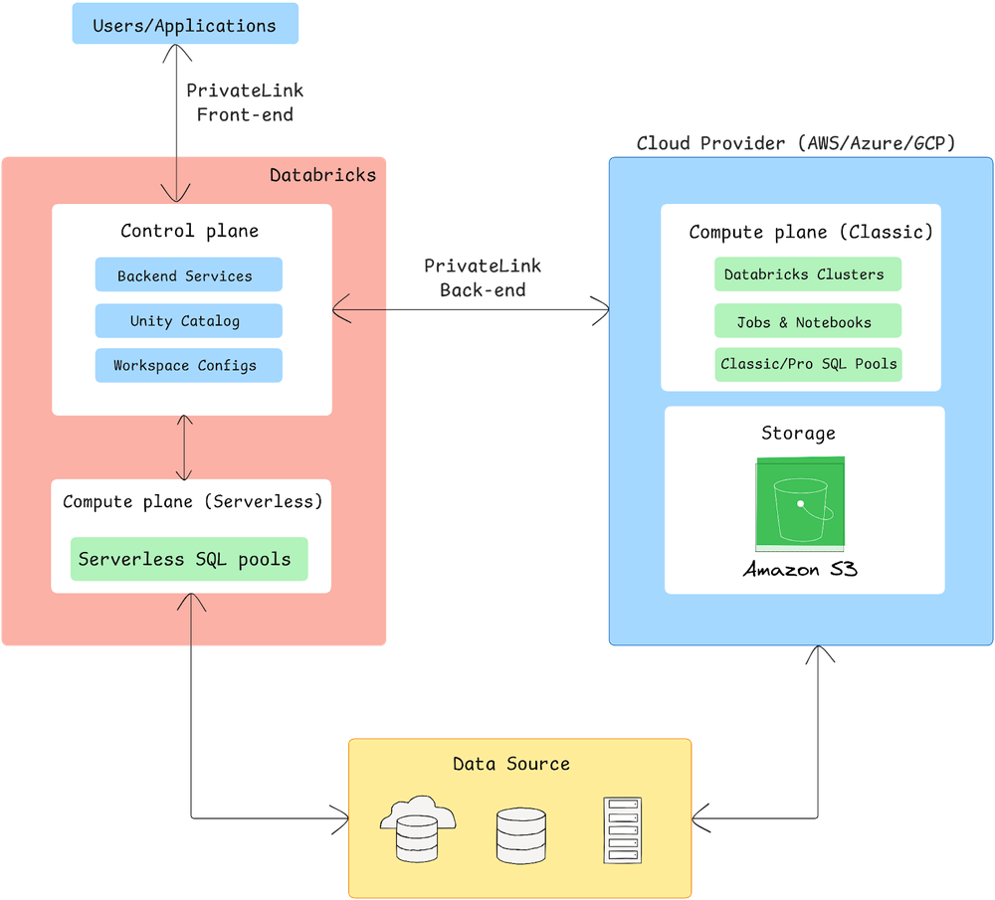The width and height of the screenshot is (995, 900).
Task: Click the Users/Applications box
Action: point(184,25)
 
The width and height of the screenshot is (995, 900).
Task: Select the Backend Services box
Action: point(188,275)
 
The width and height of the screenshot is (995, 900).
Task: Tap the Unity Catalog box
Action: point(188,320)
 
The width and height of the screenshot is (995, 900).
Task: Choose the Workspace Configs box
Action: point(188,365)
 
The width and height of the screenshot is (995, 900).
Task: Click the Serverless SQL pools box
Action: point(188,559)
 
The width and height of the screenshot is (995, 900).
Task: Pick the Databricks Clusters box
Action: point(807,274)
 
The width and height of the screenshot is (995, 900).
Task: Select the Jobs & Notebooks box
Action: point(807,321)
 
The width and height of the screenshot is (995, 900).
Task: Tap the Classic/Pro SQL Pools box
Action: point(807,364)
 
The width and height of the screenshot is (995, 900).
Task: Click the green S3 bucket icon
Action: point(801,503)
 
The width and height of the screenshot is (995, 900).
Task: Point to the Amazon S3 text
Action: point(800,570)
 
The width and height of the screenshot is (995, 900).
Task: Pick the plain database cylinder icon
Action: point(521,833)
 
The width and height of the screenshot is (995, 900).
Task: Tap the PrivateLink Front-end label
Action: point(245,102)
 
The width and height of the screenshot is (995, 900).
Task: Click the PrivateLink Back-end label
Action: point(483,278)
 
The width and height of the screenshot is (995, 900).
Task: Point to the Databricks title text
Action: point(323,175)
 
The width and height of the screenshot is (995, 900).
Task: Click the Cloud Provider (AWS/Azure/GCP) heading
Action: point(796,143)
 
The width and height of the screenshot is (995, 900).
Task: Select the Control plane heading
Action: point(189,231)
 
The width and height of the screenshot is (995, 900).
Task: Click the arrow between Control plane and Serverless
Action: point(183,448)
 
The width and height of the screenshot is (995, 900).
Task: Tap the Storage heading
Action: point(798,433)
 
